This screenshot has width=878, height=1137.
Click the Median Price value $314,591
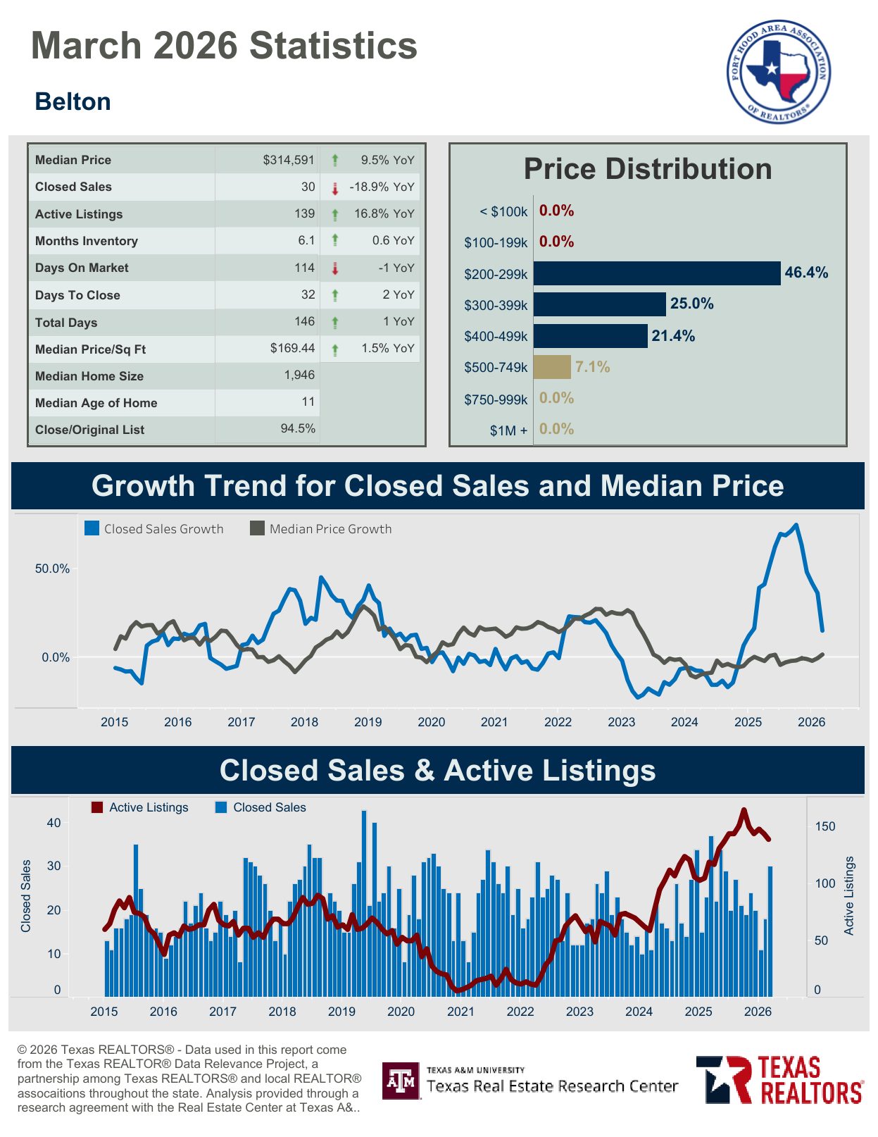289,160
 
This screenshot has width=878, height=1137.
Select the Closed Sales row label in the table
73,187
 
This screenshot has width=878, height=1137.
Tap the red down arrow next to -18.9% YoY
335,188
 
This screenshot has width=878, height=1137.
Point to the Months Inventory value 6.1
306,240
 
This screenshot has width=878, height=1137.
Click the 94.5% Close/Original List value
298,428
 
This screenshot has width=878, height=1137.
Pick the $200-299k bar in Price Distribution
657,273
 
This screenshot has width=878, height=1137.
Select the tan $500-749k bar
551,367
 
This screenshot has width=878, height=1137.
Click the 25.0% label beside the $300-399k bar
691,304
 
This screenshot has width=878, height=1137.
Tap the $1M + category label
508,430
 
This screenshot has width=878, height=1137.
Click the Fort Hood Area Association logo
779,71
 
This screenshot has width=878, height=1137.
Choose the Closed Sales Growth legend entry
154,529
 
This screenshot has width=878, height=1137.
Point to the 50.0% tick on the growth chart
52,568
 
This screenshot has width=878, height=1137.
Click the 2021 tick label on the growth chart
494,722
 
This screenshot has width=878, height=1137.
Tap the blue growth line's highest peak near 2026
796,525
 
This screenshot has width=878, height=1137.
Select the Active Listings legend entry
140,807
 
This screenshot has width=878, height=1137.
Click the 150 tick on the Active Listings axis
825,826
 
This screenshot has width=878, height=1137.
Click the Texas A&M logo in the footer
401,1081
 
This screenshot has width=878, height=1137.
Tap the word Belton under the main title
73,102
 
